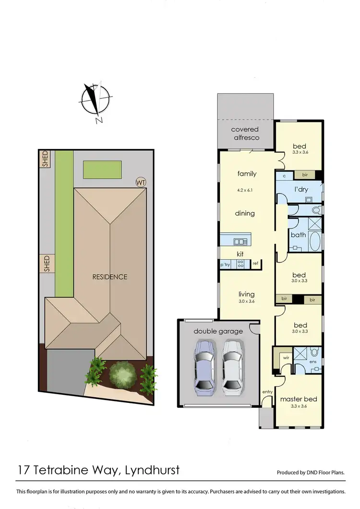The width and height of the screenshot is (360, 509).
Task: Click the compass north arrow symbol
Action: coord(91,100)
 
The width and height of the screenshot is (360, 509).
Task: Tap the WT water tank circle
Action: coord(141,182)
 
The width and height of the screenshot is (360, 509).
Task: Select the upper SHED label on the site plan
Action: coord(46,159)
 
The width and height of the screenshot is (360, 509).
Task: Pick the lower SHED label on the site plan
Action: coord(47,264)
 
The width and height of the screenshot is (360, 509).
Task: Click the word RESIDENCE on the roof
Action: coord(110,277)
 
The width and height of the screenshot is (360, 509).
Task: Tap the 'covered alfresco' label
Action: coord(245,133)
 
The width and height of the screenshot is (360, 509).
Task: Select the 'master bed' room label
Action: coord(299,399)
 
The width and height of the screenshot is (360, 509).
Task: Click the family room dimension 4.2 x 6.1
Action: coord(245,190)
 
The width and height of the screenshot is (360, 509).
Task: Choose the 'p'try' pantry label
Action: coord(226,264)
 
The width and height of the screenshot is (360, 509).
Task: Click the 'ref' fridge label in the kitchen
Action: coord(255,263)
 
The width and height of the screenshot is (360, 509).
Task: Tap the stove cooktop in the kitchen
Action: coord(241,263)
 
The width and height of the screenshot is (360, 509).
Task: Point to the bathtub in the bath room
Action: coord(314,242)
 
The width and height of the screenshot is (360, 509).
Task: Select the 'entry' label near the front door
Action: coord(267,392)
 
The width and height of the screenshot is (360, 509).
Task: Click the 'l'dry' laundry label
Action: coord(300,189)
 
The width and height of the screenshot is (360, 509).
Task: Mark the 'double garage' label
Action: coord(218,331)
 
